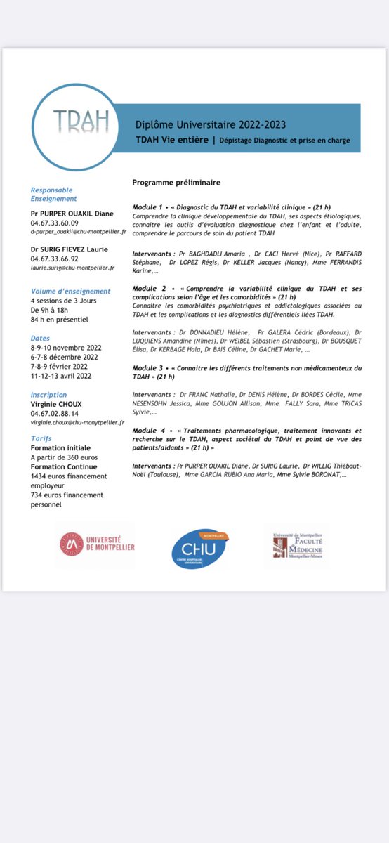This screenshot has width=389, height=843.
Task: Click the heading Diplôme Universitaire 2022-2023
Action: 211,124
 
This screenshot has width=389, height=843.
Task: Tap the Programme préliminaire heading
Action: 176,183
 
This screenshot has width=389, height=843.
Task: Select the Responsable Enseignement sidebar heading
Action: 51,195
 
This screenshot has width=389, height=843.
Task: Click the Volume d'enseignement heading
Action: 70,292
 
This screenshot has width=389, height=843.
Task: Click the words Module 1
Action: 149,207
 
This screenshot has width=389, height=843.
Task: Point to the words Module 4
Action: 149,429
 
